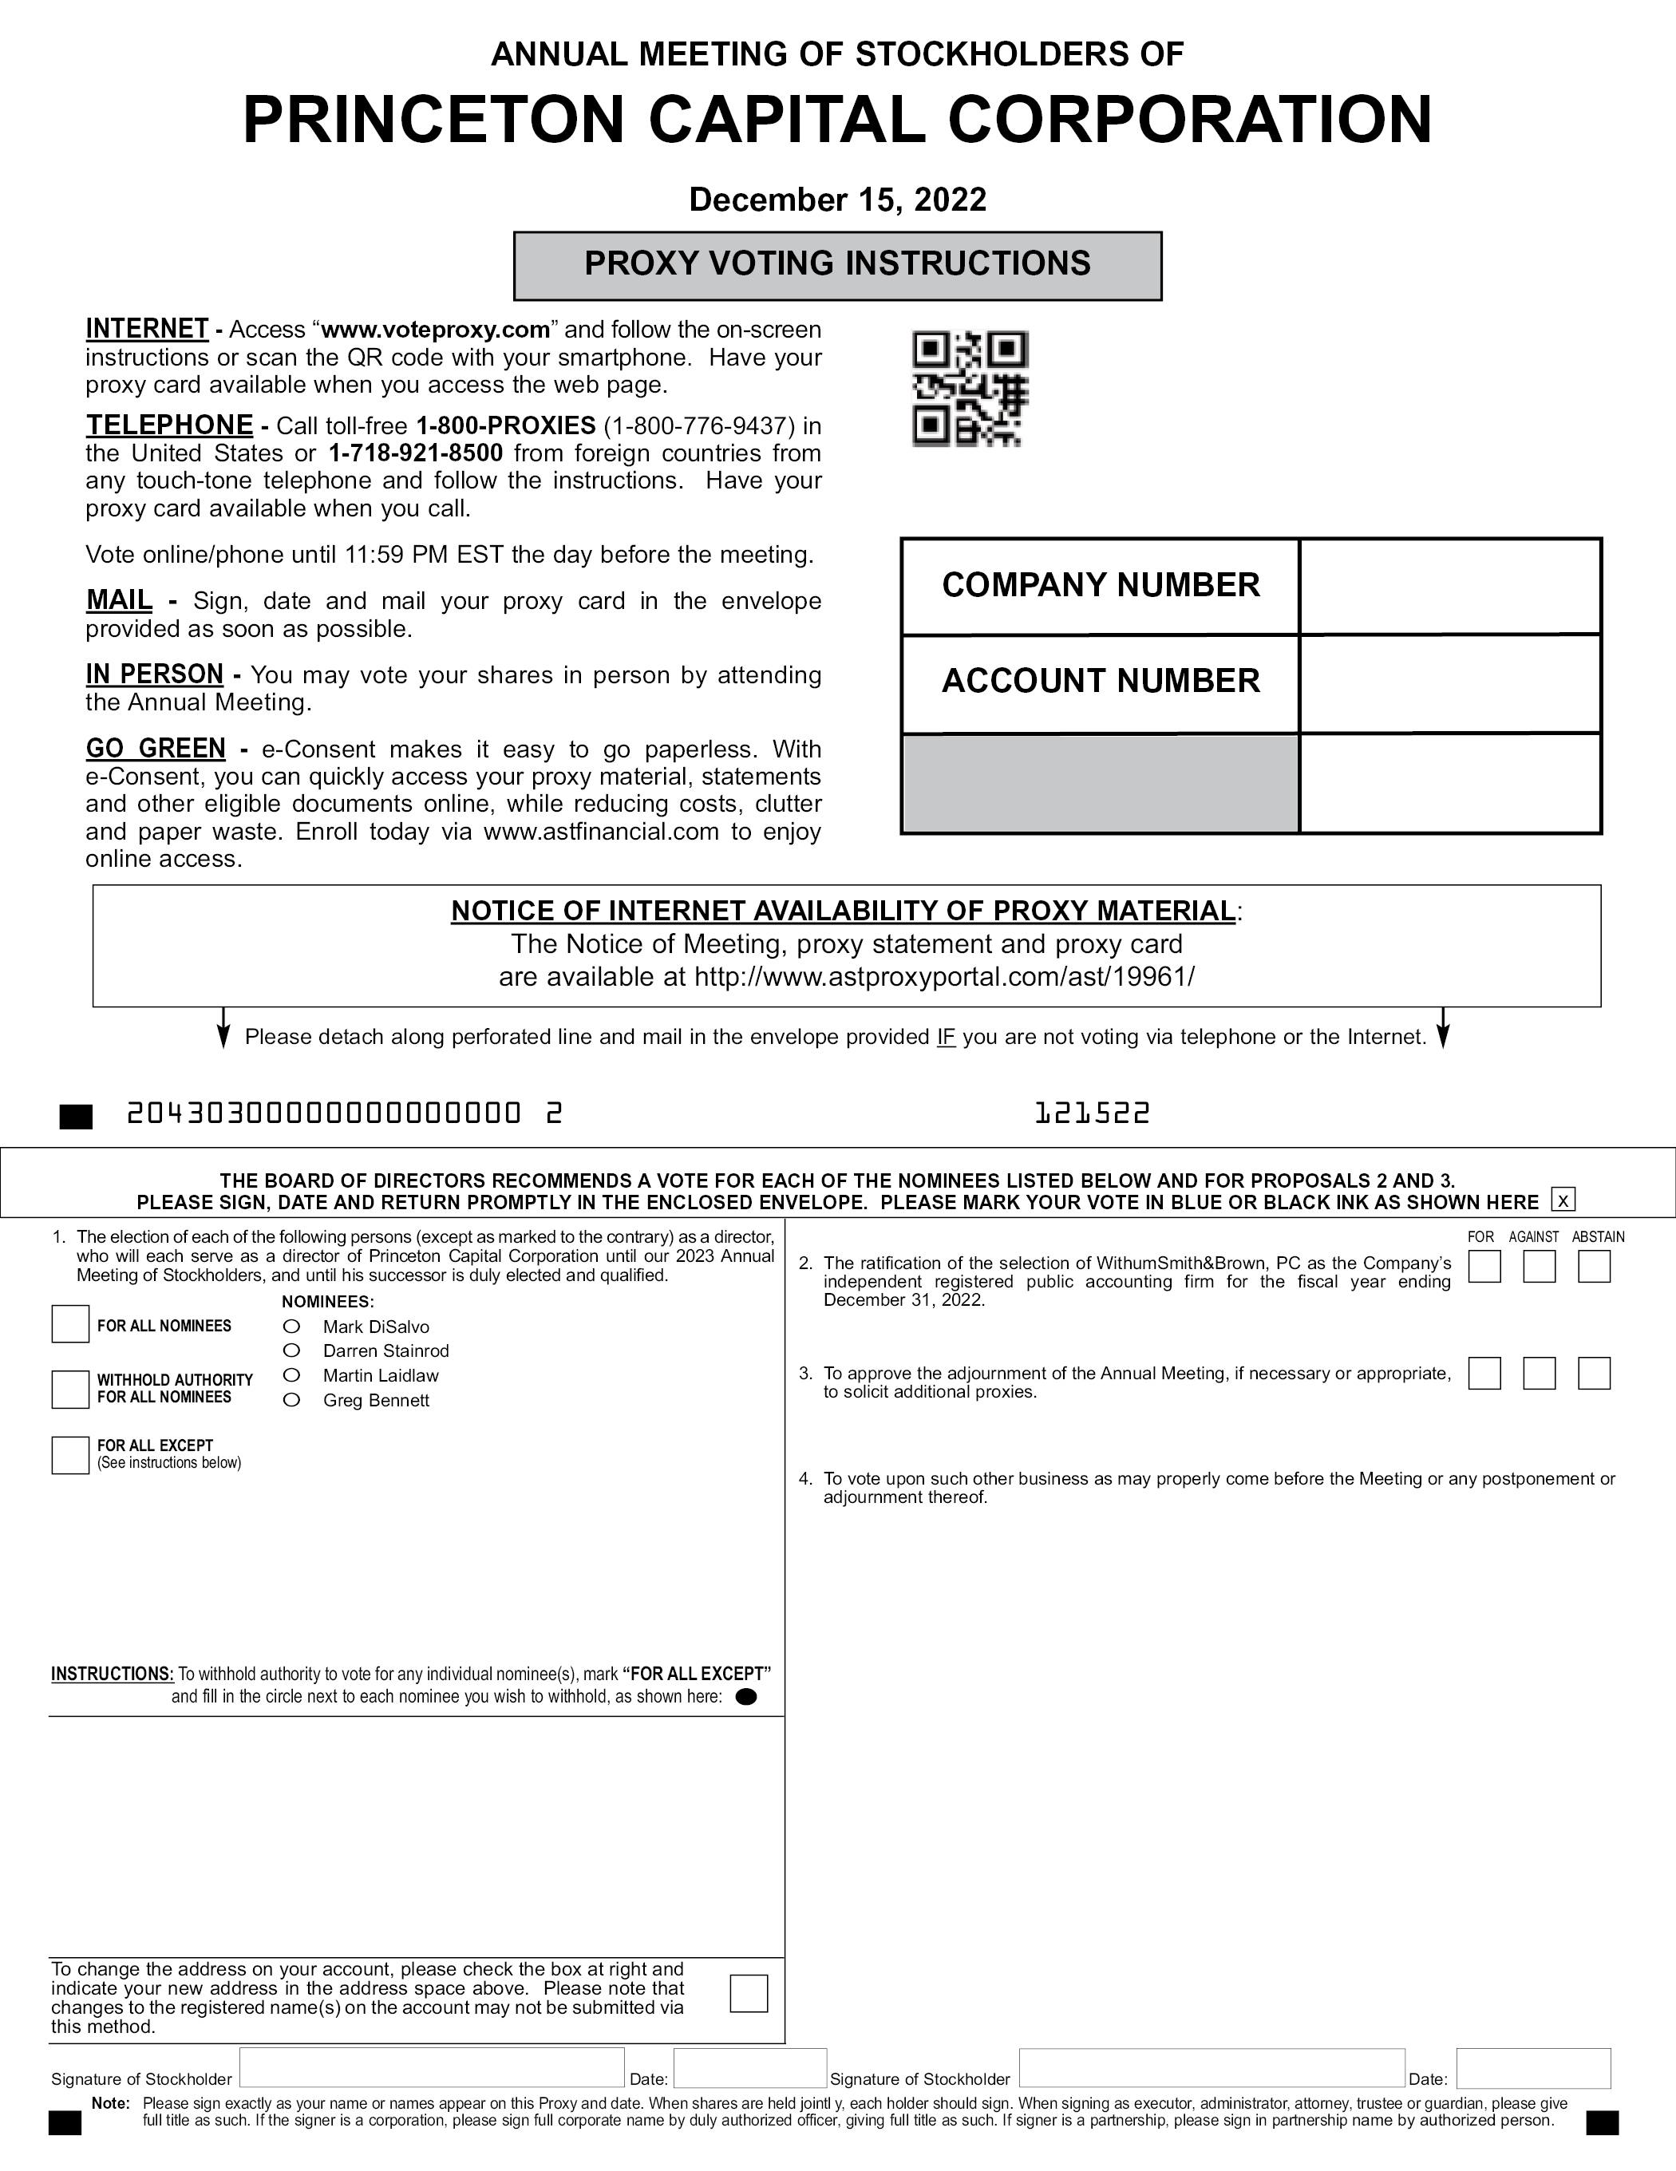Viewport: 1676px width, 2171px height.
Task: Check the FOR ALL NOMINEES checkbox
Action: pos(70,1325)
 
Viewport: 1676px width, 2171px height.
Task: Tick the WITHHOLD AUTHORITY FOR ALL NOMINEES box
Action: pos(70,1389)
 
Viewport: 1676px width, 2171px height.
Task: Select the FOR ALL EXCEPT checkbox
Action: pos(70,1455)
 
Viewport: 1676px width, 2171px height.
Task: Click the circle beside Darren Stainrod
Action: pos(291,1350)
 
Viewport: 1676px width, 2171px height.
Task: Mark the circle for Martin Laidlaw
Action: pos(291,1374)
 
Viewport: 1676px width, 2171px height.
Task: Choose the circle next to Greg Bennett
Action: pos(291,1400)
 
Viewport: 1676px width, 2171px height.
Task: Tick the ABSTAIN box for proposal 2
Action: pos(1594,1267)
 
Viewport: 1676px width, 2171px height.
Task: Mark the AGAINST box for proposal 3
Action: pos(1539,1373)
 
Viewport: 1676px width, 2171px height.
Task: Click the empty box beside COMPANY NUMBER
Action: pos(1449,587)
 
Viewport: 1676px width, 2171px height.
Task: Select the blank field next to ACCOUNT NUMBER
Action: pos(1449,683)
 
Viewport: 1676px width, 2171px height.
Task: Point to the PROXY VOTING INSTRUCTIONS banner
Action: pos(837,264)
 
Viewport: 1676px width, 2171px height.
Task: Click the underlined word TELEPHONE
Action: pos(169,425)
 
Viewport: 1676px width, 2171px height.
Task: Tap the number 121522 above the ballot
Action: pos(1092,1113)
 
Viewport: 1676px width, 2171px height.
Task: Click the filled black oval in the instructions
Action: pos(745,1697)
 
